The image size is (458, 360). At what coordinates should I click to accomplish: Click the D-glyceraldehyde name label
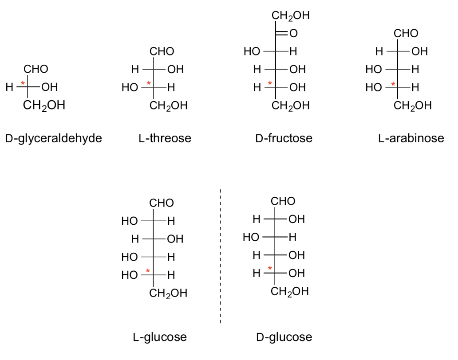[54, 138]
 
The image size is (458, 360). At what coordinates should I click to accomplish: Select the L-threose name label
[165, 138]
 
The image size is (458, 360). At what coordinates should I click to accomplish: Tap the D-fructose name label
[284, 138]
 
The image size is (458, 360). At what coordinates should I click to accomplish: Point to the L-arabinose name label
[411, 138]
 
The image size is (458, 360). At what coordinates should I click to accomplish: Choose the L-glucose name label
[160, 337]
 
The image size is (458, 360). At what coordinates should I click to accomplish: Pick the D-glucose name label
[284, 337]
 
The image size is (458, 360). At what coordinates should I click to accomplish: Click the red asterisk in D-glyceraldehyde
[23, 84]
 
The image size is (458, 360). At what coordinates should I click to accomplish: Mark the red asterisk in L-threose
[148, 83]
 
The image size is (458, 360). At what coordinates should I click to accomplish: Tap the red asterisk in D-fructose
[270, 83]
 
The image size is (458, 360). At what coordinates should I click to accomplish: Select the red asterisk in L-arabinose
[393, 84]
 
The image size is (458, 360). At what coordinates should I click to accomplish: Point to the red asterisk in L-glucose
[148, 271]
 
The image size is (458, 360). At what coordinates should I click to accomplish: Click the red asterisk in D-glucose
[270, 268]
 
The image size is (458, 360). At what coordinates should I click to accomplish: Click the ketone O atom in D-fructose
[293, 33]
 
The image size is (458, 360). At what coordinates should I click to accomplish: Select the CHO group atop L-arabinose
[406, 33]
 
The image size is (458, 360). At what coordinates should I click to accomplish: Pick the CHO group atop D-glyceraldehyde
[36, 69]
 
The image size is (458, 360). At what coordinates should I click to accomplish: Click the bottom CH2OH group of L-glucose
[168, 293]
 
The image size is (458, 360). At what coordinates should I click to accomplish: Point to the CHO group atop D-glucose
[283, 201]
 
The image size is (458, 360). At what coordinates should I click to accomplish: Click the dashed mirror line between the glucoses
[220, 256]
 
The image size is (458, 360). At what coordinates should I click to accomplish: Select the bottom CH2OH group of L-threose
[169, 106]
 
